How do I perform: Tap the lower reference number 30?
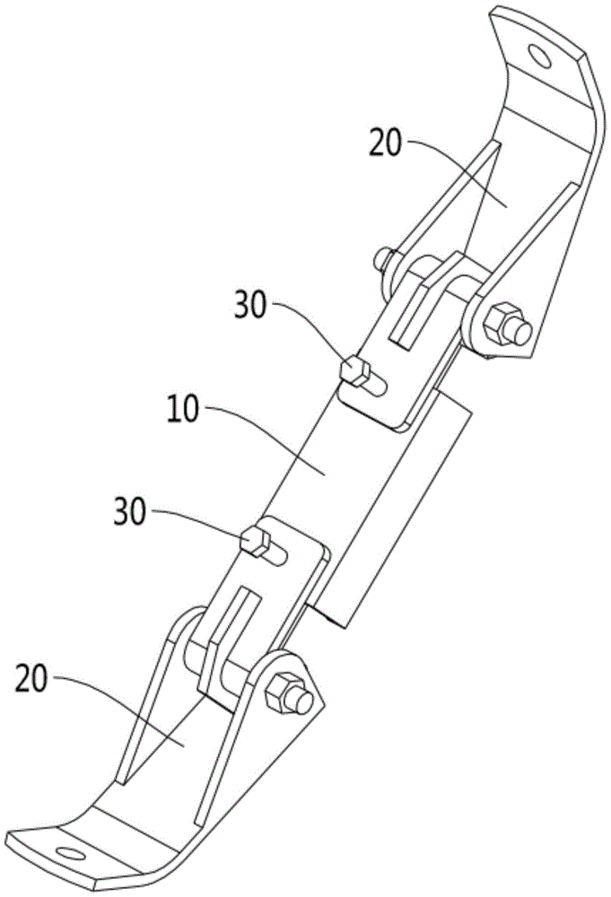click(x=135, y=517)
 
